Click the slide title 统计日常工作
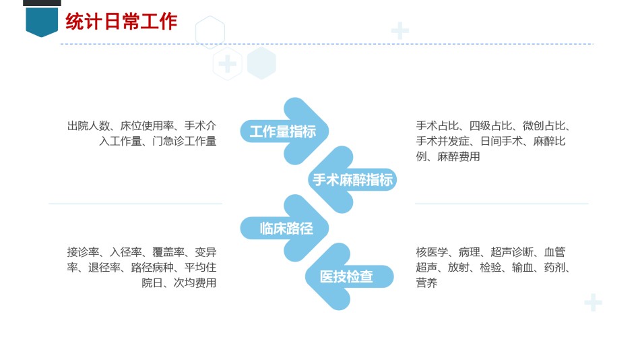(121, 22)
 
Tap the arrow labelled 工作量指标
(284, 131)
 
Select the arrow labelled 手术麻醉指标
(352, 180)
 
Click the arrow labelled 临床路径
(284, 228)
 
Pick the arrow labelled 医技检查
(350, 276)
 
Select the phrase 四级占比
(490, 126)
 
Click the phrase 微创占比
(544, 126)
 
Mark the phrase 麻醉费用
(458, 157)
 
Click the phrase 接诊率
(84, 252)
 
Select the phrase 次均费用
(195, 283)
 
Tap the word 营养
(426, 283)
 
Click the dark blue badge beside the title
(42, 22)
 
